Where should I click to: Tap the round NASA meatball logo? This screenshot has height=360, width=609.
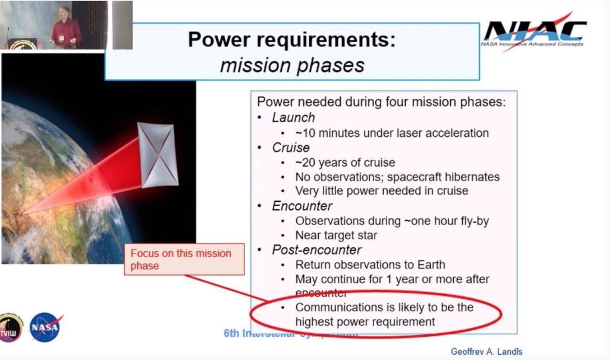[45, 327]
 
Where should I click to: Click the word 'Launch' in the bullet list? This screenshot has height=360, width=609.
[293, 118]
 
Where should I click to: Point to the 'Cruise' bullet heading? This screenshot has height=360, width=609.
[291, 147]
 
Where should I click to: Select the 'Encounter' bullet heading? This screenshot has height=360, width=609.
[302, 206]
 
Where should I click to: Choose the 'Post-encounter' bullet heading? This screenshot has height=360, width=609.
[316, 250]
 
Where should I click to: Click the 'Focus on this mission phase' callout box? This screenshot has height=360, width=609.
[184, 259]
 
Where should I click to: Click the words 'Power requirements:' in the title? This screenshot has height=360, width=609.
[291, 40]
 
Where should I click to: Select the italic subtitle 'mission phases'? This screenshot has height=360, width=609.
[292, 65]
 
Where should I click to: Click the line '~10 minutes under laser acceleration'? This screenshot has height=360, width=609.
[392, 133]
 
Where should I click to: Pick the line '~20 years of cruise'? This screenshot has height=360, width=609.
[345, 162]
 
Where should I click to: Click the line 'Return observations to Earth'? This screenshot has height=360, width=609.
[370, 265]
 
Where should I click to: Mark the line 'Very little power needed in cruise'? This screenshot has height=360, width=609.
[381, 191]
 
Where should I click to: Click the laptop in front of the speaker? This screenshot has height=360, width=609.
[24, 43]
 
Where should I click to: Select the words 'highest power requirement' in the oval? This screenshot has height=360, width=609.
[365, 322]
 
